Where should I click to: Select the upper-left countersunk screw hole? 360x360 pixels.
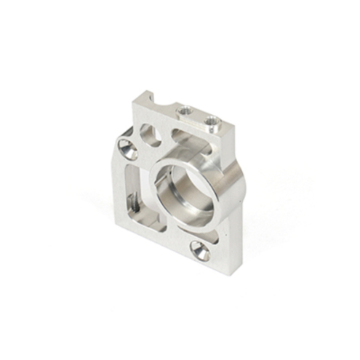128,150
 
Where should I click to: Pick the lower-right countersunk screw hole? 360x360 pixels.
200,251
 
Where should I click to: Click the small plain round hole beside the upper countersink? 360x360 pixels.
151,134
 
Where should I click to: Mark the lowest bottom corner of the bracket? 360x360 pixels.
210,271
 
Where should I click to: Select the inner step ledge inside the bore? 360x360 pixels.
191,207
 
